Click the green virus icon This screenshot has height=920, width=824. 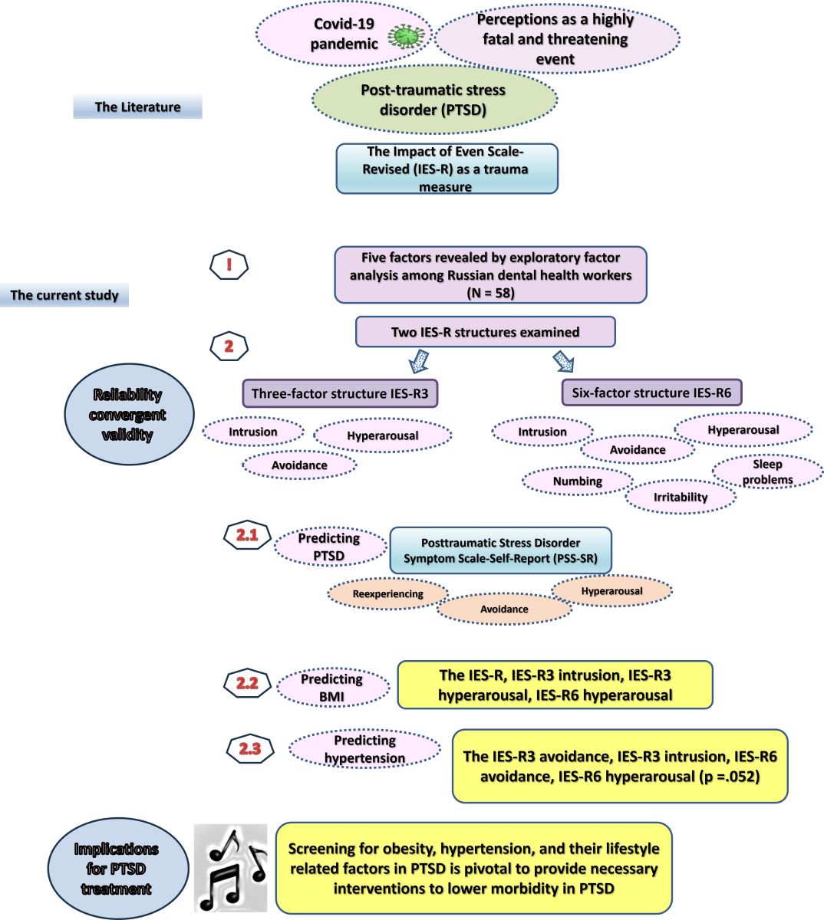click(x=406, y=36)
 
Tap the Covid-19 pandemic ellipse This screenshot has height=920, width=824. click(x=344, y=34)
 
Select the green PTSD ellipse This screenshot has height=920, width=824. click(x=434, y=100)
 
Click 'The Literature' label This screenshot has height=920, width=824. click(x=137, y=107)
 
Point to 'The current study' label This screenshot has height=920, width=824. click(x=64, y=295)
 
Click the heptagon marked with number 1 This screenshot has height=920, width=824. click(x=229, y=266)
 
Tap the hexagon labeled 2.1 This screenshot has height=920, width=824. click(x=247, y=536)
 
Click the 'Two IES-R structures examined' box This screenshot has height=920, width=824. click(x=485, y=332)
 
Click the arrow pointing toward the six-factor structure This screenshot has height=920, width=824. click(x=563, y=361)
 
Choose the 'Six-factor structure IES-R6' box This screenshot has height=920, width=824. click(x=651, y=393)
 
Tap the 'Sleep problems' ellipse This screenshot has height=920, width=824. click(x=767, y=472)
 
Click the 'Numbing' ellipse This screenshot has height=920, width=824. click(x=578, y=481)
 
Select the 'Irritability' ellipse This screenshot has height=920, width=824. click(x=681, y=497)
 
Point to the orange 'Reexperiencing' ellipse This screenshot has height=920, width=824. click(x=387, y=593)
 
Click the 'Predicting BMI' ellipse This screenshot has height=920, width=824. click(x=332, y=687)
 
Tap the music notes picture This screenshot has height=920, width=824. click(x=230, y=867)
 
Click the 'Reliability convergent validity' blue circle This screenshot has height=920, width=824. click(x=128, y=415)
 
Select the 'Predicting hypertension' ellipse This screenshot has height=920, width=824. click(x=364, y=749)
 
